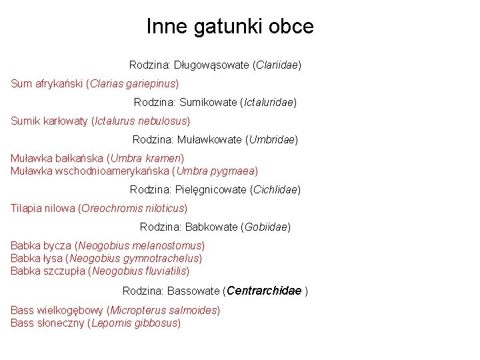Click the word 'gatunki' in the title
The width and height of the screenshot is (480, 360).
click(229, 27)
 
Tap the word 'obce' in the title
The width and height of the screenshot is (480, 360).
click(291, 27)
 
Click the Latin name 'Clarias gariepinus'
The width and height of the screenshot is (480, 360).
click(133, 84)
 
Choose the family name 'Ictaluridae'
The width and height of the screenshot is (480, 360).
click(269, 103)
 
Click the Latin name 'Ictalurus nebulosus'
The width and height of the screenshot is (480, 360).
click(141, 121)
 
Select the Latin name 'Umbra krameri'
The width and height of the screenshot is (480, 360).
click(147, 159)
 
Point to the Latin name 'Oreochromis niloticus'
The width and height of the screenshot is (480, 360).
click(133, 209)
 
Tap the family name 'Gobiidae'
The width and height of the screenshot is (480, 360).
click(267, 227)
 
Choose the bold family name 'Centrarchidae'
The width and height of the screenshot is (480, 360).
click(264, 291)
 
